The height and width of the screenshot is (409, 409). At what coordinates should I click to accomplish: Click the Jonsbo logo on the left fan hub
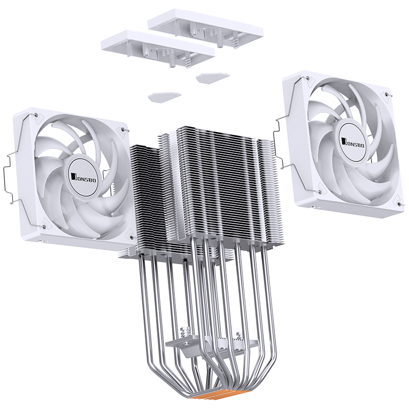78,172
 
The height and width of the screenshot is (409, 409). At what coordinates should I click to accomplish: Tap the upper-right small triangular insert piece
212,78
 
